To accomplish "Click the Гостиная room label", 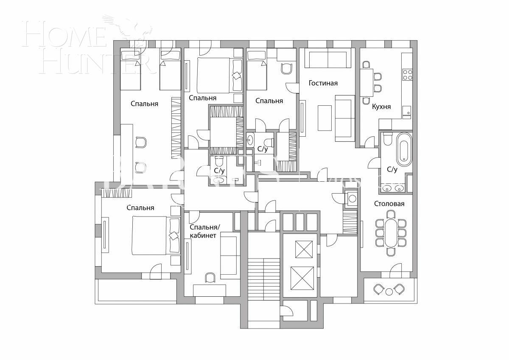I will pyautogui.click(x=323, y=83).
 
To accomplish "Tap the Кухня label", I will pyautogui.click(x=381, y=107).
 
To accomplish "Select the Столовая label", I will pyautogui.click(x=389, y=204).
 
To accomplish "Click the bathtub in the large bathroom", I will pyautogui.click(x=404, y=149).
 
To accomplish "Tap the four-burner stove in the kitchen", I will pyautogui.click(x=407, y=75).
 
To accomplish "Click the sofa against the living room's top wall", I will pyautogui.click(x=329, y=59).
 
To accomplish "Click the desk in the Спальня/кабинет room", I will pyautogui.click(x=210, y=290).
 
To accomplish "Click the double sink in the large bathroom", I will pyautogui.click(x=392, y=188).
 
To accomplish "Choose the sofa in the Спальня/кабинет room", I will pyautogui.click(x=230, y=257).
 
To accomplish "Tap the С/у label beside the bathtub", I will pyautogui.click(x=392, y=169).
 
